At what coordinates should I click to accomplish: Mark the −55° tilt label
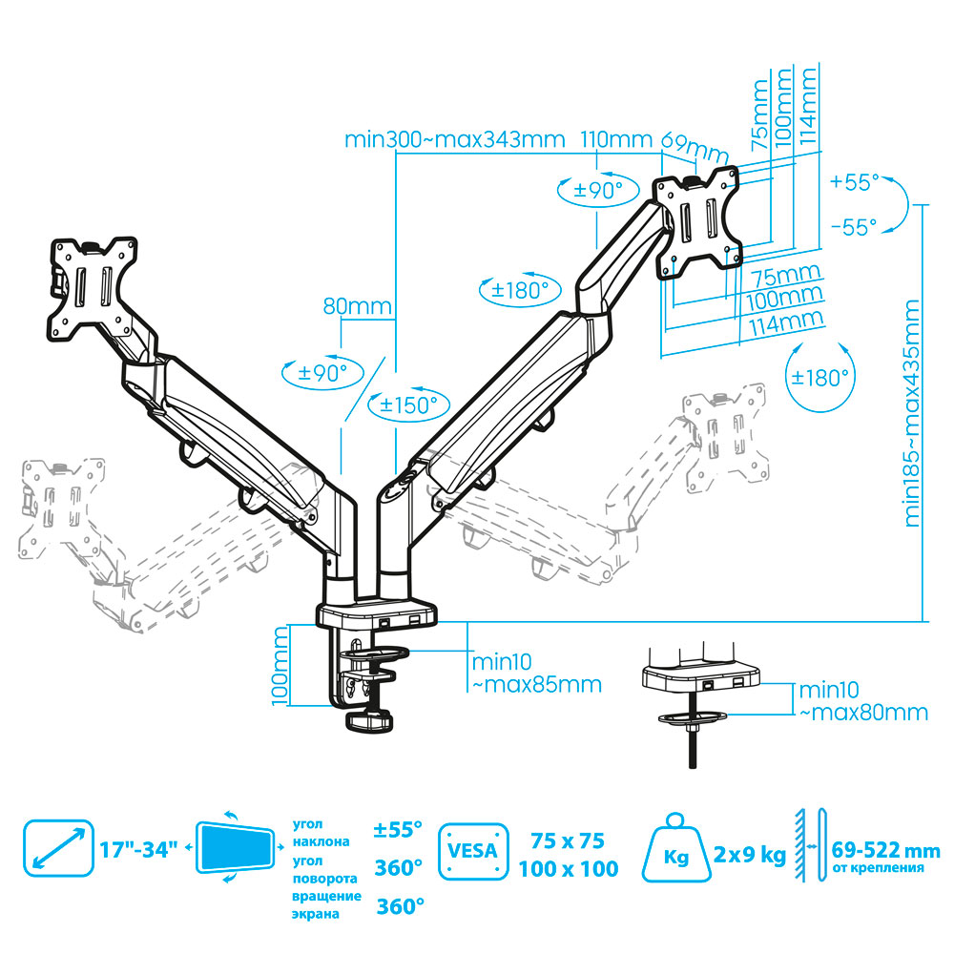853,227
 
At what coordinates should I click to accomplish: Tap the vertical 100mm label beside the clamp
279,665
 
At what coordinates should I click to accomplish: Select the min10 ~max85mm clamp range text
534,673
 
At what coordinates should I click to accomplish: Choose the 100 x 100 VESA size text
569,869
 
